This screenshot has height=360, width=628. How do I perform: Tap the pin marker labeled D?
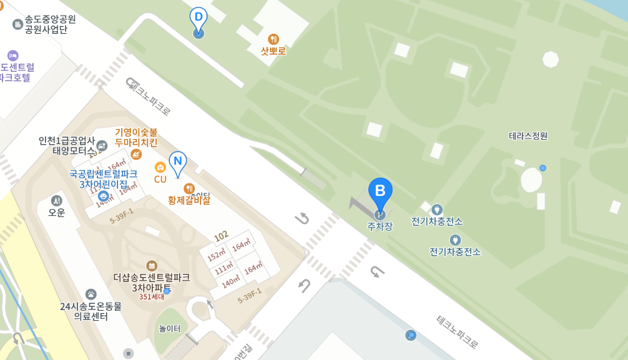point(199,18)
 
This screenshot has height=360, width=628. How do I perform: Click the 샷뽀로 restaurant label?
point(273,51)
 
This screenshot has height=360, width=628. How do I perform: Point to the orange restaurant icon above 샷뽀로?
point(273,39)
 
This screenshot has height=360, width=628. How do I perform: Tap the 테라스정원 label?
point(528,135)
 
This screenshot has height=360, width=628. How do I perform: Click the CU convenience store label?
point(160,179)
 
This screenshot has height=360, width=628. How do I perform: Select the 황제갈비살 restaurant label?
point(189,200)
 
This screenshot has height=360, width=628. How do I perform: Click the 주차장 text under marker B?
point(380,226)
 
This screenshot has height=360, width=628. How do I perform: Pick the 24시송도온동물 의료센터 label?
point(91,311)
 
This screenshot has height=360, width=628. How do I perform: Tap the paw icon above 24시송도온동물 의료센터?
point(91,294)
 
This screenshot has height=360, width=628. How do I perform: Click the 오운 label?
point(57,212)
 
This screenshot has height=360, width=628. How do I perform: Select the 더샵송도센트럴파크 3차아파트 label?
point(152,283)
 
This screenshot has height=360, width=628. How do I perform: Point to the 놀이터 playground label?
point(170,328)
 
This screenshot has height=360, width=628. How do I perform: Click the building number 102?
point(221,236)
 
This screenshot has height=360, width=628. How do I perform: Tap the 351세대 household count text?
point(152,297)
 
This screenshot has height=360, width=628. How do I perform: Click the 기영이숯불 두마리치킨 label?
point(136,137)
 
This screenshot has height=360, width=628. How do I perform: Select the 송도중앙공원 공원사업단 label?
point(50,24)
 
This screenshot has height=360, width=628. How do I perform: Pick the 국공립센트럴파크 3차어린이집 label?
point(103,179)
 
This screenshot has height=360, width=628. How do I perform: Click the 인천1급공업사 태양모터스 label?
point(67,145)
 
